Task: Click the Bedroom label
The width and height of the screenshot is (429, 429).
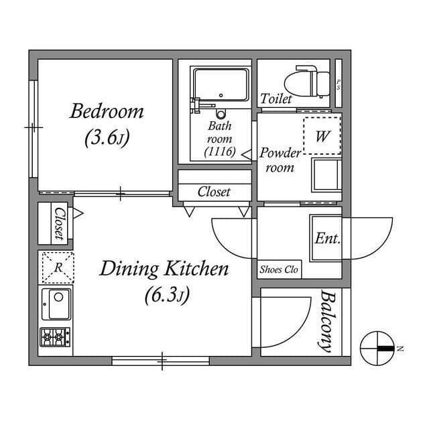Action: (x=107, y=111)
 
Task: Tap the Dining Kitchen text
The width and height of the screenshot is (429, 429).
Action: (x=164, y=269)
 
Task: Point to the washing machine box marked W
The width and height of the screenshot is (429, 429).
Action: (x=322, y=136)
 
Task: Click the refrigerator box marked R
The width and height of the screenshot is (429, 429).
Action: (x=58, y=267)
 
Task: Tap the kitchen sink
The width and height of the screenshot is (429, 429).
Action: (x=57, y=304)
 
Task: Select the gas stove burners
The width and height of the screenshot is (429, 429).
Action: (x=56, y=336)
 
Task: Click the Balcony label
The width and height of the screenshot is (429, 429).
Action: (x=326, y=321)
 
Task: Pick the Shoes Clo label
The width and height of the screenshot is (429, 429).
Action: (x=278, y=270)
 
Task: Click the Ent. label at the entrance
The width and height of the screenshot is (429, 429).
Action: (x=328, y=239)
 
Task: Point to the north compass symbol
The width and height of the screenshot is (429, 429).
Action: (x=379, y=348)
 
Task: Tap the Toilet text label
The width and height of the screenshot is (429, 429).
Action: (x=276, y=99)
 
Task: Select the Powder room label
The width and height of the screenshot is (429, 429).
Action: (x=280, y=160)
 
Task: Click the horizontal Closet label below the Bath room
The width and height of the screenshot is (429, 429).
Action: (x=214, y=192)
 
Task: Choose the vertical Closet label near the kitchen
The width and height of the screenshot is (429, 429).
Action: (x=58, y=223)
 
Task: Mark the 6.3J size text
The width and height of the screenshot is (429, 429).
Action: (x=164, y=295)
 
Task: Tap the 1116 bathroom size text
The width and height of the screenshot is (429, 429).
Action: (x=219, y=151)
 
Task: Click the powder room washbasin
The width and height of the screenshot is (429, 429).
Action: (x=326, y=176)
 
